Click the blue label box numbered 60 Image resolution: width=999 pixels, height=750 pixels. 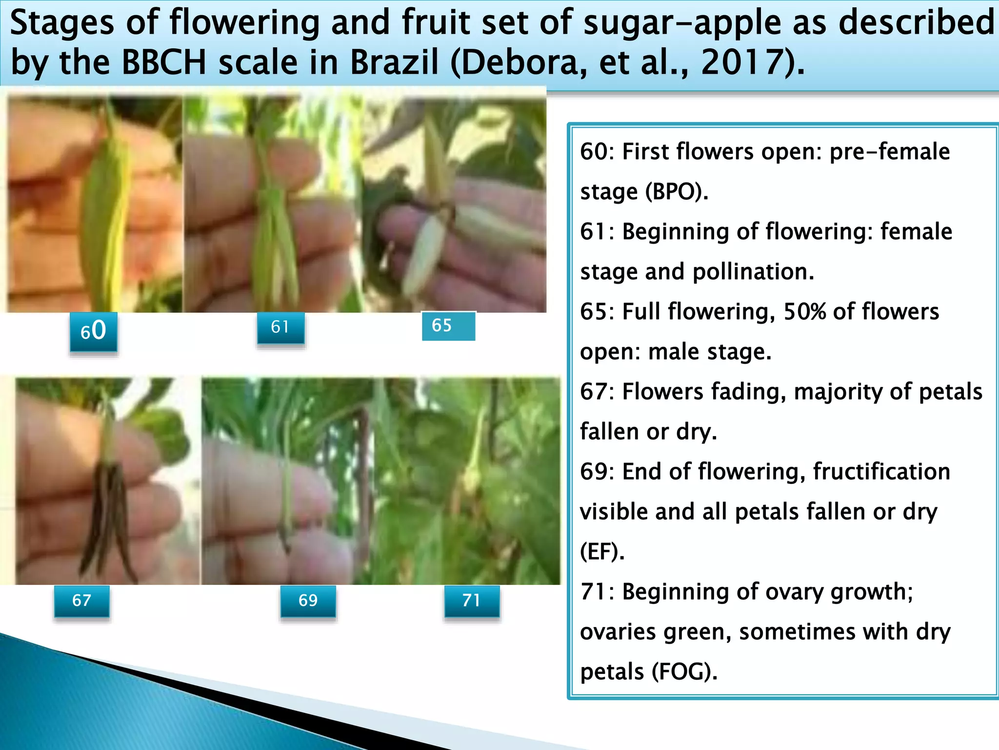(x=93, y=332)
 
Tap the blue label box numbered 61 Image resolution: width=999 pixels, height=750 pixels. (x=280, y=328)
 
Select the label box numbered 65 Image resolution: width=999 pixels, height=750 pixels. (x=448, y=326)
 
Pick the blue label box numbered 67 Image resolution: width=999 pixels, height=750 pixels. (x=81, y=601)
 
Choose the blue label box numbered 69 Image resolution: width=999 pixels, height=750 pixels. (x=308, y=601)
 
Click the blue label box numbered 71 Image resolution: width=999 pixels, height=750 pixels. (x=471, y=601)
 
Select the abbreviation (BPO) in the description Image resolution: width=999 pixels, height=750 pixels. (x=676, y=192)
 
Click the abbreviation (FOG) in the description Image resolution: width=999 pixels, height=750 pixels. (x=684, y=672)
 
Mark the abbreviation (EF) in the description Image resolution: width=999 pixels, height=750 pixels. (x=602, y=552)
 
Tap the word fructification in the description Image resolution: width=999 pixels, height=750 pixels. (x=881, y=472)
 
